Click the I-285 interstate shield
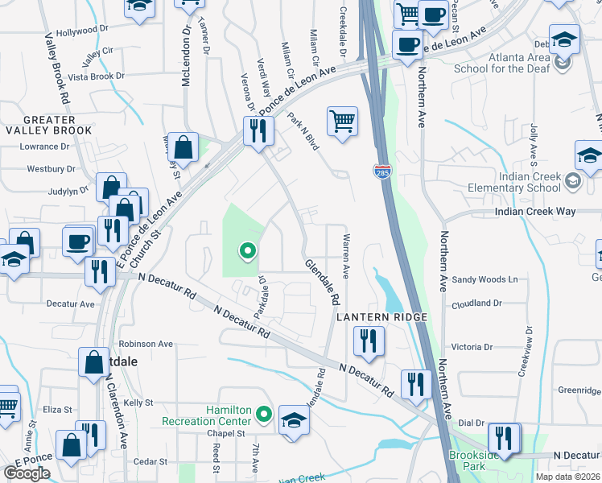pos(382,171)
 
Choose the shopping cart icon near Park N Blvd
pos(342,122)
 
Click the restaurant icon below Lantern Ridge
pos(369,341)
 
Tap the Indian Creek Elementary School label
pos(515,183)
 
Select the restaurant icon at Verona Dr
pos(258,130)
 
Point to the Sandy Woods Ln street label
pos(484,279)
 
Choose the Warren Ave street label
pos(345,257)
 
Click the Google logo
pos(27,473)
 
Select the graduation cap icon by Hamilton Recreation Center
pos(294,420)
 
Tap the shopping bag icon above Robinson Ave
pos(93,362)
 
